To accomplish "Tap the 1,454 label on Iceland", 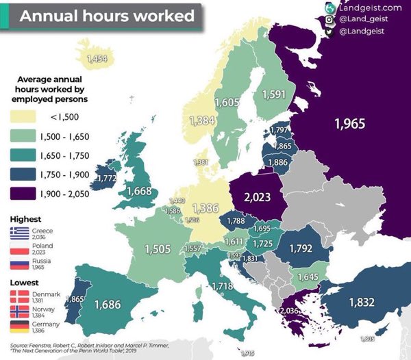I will pyautogui.click(x=97, y=59).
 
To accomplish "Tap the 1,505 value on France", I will pyautogui.click(x=158, y=249).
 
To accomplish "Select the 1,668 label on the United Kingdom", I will pyautogui.click(x=138, y=191).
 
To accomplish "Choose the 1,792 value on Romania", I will pyautogui.click(x=302, y=248).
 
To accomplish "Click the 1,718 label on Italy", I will pyautogui.click(x=224, y=285).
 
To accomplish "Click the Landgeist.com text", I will pyautogui.click(x=369, y=7).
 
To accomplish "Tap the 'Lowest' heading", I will pyautogui.click(x=24, y=281).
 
